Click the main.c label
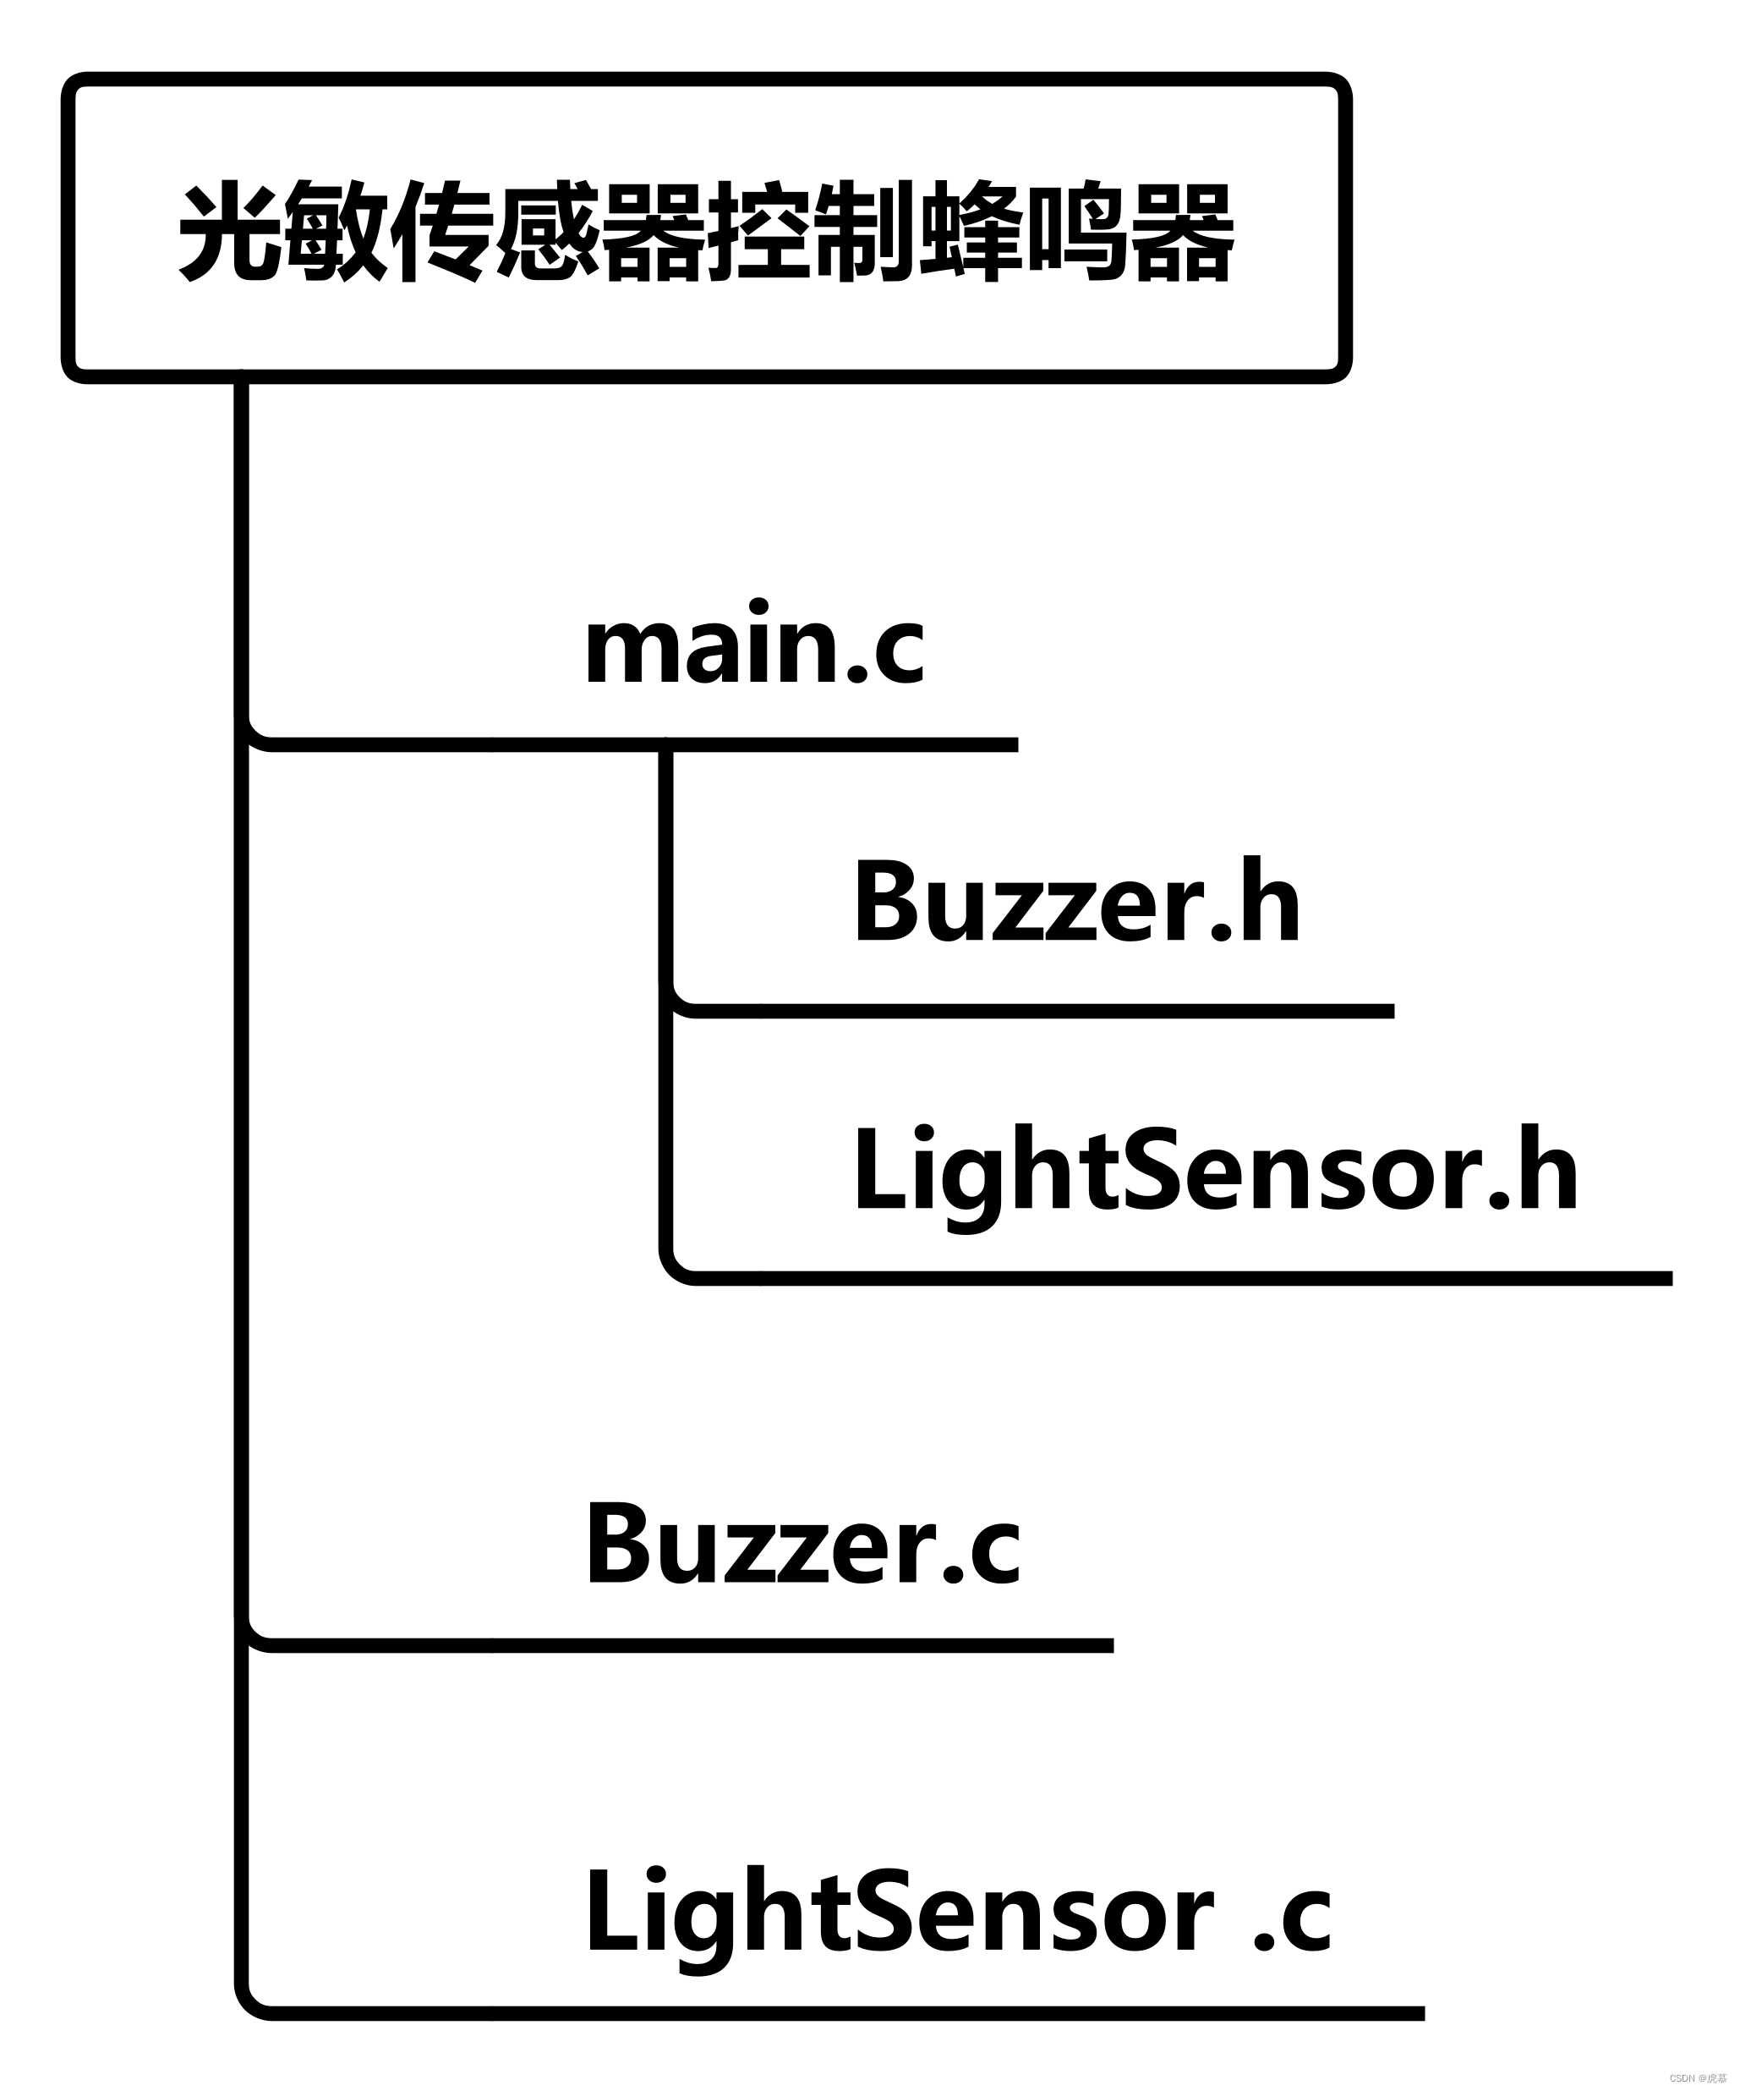coord(753,646)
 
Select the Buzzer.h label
coord(1076,902)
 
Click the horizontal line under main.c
coord(637,745)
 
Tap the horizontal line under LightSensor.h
coord(1174,1278)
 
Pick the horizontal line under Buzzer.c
coord(687,1645)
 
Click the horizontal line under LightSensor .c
coord(846,2013)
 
